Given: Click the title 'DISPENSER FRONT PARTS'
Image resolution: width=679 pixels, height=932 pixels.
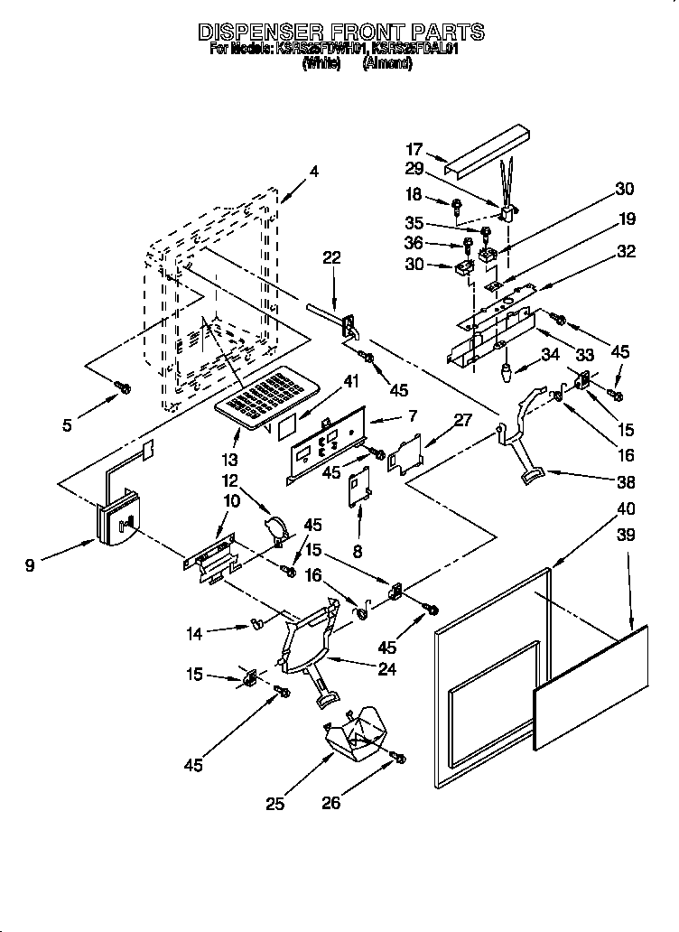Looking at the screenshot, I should click(x=340, y=32).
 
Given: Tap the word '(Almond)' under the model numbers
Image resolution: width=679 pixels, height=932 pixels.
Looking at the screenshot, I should click(x=388, y=64).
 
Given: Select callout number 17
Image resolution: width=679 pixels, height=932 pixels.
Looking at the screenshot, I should click(x=413, y=151).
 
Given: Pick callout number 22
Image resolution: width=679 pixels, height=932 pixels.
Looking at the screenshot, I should click(x=333, y=258).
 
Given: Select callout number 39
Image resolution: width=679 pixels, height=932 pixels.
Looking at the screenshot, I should click(x=625, y=536).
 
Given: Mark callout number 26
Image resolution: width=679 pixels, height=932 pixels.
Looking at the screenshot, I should click(x=330, y=802).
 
